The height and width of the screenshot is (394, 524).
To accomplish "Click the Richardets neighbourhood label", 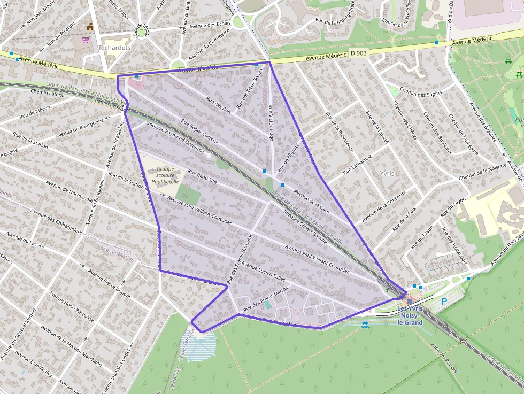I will click(x=115, y=47).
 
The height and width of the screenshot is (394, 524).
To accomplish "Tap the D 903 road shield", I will click(x=359, y=53).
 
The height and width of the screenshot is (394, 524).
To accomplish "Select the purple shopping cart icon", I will click(x=86, y=40).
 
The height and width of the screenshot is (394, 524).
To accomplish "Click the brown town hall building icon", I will click(x=89, y=27).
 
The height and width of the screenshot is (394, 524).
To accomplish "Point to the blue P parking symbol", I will click(x=444, y=302).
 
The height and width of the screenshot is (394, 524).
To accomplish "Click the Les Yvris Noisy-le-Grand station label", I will click(x=411, y=315).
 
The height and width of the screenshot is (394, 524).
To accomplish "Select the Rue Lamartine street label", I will click(x=358, y=163).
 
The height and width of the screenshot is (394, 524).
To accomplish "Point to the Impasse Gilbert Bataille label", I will click(x=305, y=226).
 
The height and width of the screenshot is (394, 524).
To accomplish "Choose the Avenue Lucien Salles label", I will click(x=264, y=271).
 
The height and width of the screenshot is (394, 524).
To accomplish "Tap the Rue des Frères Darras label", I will click(x=266, y=299).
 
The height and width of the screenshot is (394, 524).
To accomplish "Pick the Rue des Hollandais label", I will click(x=454, y=246).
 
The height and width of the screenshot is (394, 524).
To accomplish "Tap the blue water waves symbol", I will click(x=365, y=325).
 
